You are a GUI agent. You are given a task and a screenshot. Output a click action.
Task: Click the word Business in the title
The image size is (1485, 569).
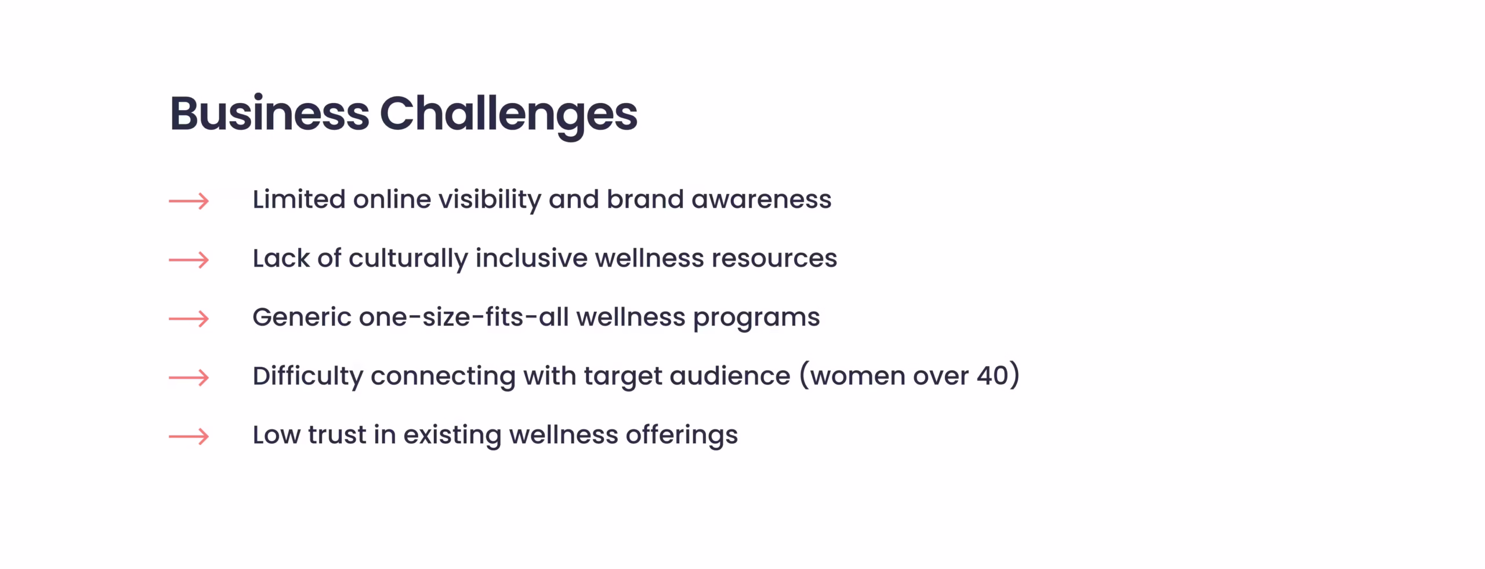tap(270, 113)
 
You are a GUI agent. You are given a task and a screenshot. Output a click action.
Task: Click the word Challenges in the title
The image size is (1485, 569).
tap(509, 116)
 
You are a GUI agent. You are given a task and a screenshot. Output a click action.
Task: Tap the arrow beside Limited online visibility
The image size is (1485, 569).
tap(189, 201)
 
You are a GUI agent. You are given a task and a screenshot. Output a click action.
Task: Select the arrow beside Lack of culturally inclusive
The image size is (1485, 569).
tap(189, 260)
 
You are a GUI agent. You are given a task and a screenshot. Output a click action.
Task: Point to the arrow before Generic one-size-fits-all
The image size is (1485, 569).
tap(189, 319)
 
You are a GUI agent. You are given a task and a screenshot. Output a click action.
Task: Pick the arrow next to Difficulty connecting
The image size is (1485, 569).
tap(189, 378)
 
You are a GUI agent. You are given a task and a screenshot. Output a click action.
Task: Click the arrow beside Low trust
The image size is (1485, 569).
tap(189, 436)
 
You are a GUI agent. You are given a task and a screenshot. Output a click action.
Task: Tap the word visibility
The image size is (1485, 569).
tap(490, 201)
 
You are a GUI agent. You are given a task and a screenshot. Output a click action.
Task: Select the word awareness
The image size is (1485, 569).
tap(761, 200)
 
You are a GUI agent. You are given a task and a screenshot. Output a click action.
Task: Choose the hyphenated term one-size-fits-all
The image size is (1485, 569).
tap(464, 317)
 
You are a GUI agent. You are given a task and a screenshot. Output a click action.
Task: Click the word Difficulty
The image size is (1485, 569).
tap(308, 377)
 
